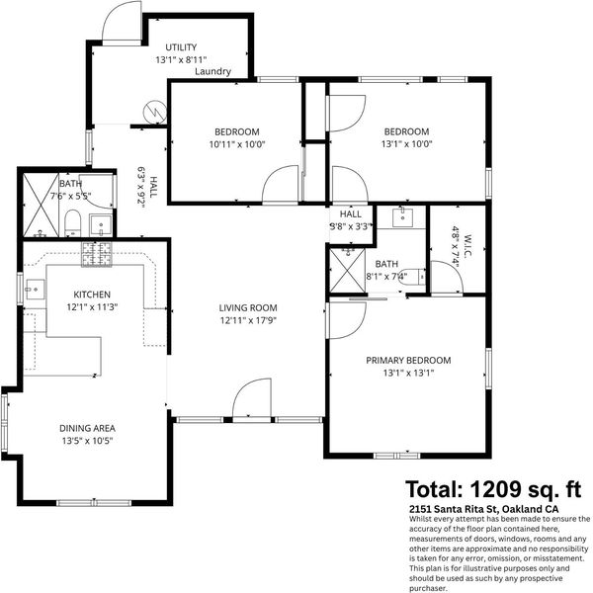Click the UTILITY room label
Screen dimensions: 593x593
coord(181,47)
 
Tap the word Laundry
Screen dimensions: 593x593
coord(212,71)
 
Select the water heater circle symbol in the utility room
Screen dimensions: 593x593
coord(155,112)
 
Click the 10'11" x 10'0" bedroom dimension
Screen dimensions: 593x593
coord(237,144)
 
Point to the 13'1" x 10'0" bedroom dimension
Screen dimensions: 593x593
coord(406,144)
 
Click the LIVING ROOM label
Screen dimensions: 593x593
coord(248,307)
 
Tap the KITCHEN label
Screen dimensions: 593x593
coord(92,295)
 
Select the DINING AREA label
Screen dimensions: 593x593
coord(87,428)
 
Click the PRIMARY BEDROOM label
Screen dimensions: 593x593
coord(408,361)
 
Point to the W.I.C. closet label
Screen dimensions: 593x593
coord(467,246)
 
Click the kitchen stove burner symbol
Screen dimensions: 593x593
coord(97,254)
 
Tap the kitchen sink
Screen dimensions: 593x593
coord(35,290)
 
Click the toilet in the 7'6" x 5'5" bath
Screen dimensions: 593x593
coord(72,223)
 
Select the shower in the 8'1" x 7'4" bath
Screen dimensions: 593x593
coord(348,270)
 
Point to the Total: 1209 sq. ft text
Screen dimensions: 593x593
coord(493,489)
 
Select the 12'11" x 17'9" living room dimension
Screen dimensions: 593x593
coord(248,320)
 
